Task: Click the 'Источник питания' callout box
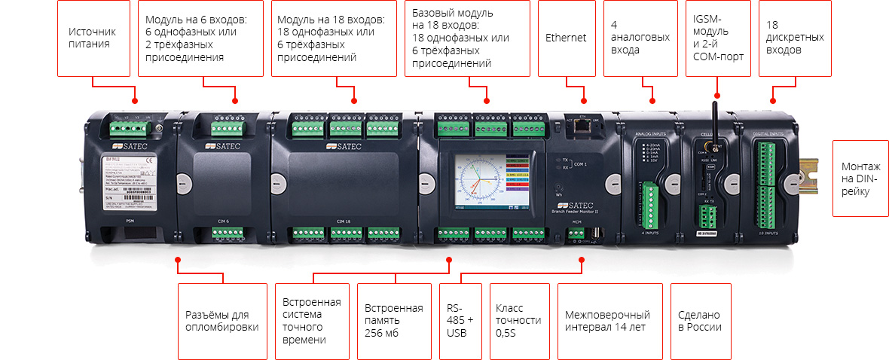[x=93, y=38]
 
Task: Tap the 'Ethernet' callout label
[x=566, y=38]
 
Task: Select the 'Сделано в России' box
[x=699, y=321]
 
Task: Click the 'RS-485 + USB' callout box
[x=460, y=321]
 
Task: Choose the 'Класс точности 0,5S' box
[x=518, y=321]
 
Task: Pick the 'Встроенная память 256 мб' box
[x=393, y=321]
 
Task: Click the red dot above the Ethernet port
[x=583, y=100]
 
